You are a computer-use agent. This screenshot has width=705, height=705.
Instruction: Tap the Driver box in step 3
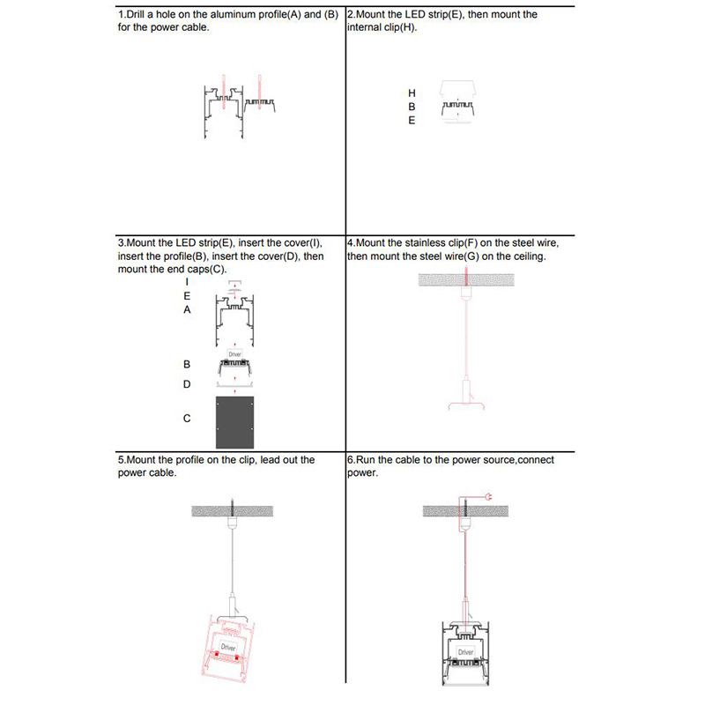234,354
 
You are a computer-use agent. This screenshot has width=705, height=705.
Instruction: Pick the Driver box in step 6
464,652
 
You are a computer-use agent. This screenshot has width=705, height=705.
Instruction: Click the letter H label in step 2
412,93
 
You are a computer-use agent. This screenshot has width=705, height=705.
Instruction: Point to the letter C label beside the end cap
187,419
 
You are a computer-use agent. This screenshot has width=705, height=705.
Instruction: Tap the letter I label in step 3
187,282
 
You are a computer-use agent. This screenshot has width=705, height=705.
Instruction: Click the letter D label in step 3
187,384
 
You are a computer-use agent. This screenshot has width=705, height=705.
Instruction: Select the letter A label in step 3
187,310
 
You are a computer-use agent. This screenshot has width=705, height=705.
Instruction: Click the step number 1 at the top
121,15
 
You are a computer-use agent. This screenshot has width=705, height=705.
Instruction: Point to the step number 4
352,243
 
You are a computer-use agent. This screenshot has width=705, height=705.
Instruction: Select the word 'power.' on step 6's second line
363,473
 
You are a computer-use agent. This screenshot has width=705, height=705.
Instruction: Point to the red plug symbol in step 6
486,499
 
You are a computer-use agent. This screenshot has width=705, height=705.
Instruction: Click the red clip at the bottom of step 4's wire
465,405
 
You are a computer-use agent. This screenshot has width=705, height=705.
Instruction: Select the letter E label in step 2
412,121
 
